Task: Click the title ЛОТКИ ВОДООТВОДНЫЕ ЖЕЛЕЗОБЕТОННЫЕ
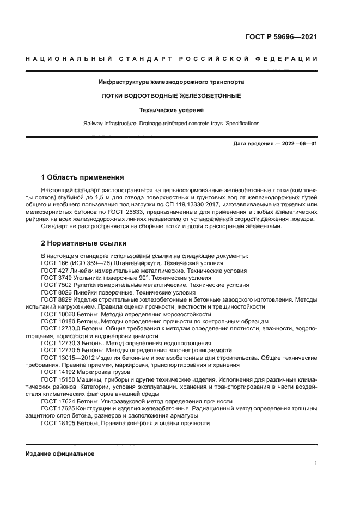(x=172, y=96)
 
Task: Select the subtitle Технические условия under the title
(x=171, y=109)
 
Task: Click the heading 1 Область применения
(x=83, y=177)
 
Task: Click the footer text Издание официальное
(x=60, y=453)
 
